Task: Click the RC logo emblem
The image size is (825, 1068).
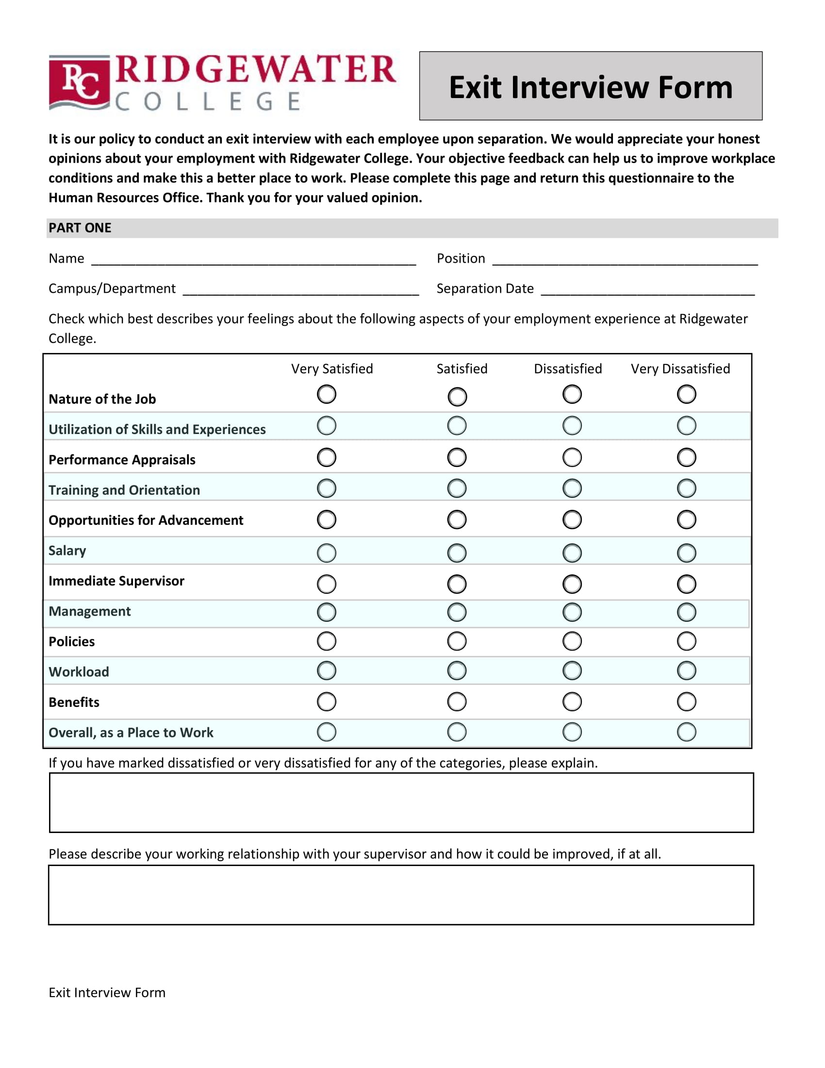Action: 79,83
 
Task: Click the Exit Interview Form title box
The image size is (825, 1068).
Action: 591,86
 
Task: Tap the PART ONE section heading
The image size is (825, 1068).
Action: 80,228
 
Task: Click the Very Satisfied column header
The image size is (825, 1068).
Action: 332,369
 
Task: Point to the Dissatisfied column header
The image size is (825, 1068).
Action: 567,369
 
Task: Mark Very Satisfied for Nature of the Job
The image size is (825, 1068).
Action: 327,394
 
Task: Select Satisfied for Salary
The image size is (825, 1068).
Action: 457,553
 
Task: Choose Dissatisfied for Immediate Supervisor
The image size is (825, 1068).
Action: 572,584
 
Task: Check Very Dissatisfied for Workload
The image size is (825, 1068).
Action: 686,670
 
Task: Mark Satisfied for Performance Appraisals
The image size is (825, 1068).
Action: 457,457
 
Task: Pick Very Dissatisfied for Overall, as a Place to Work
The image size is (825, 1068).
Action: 686,732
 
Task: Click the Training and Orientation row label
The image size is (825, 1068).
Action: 124,490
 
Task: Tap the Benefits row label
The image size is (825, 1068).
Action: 74,702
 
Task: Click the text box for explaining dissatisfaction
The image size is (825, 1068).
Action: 401,802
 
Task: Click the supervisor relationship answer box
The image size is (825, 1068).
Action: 401,894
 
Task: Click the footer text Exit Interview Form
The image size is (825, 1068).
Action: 107,993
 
